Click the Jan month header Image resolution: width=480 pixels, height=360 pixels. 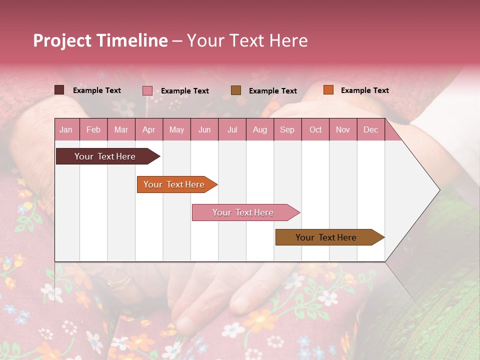click(66, 129)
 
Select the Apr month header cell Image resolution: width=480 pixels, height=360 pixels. click(149, 129)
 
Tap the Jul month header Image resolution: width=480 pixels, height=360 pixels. click(232, 129)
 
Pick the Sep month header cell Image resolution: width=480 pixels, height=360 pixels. click(287, 129)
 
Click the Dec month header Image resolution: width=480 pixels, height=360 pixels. click(370, 129)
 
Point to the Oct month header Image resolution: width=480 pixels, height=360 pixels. click(315, 129)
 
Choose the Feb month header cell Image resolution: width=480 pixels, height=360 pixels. click(93, 129)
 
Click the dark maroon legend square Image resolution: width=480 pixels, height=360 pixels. click(59, 90)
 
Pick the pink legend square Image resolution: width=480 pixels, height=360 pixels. click(147, 90)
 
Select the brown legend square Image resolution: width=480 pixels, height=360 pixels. click(236, 90)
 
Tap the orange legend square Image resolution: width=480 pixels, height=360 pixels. click(328, 90)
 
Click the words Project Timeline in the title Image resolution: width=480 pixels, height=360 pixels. click(100, 40)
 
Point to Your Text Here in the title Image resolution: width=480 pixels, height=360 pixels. click(247, 40)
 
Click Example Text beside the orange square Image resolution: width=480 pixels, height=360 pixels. click(364, 90)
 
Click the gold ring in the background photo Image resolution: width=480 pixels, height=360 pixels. click(119, 284)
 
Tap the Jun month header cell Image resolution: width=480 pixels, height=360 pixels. click(204, 129)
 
